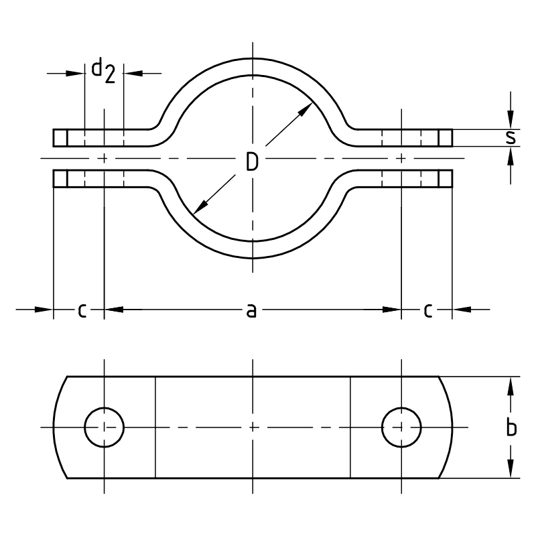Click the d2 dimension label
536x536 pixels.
tap(103, 69)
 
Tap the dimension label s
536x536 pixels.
tap(511, 137)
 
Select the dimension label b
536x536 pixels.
tap(511, 427)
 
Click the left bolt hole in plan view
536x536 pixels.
tap(105, 427)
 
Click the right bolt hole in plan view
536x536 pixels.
tap(401, 427)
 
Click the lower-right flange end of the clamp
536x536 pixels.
tap(446, 179)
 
